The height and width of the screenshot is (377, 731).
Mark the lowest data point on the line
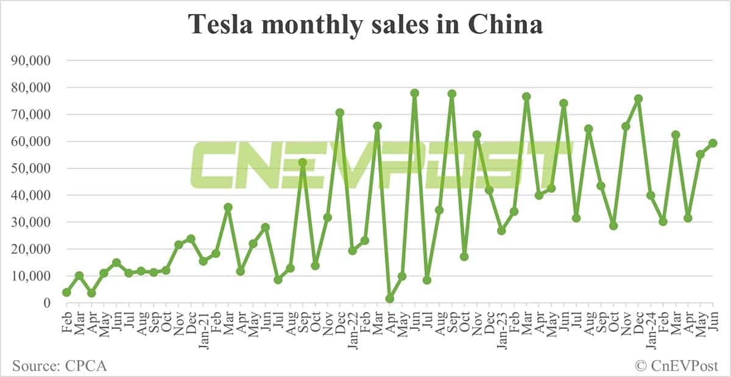click(390, 299)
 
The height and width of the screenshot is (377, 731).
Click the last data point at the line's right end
click(713, 143)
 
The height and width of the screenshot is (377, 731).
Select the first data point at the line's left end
click(66, 292)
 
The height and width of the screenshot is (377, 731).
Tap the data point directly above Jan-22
click(353, 251)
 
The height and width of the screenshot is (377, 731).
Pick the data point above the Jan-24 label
click(651, 195)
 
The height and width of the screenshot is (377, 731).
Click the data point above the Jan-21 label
click(203, 261)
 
